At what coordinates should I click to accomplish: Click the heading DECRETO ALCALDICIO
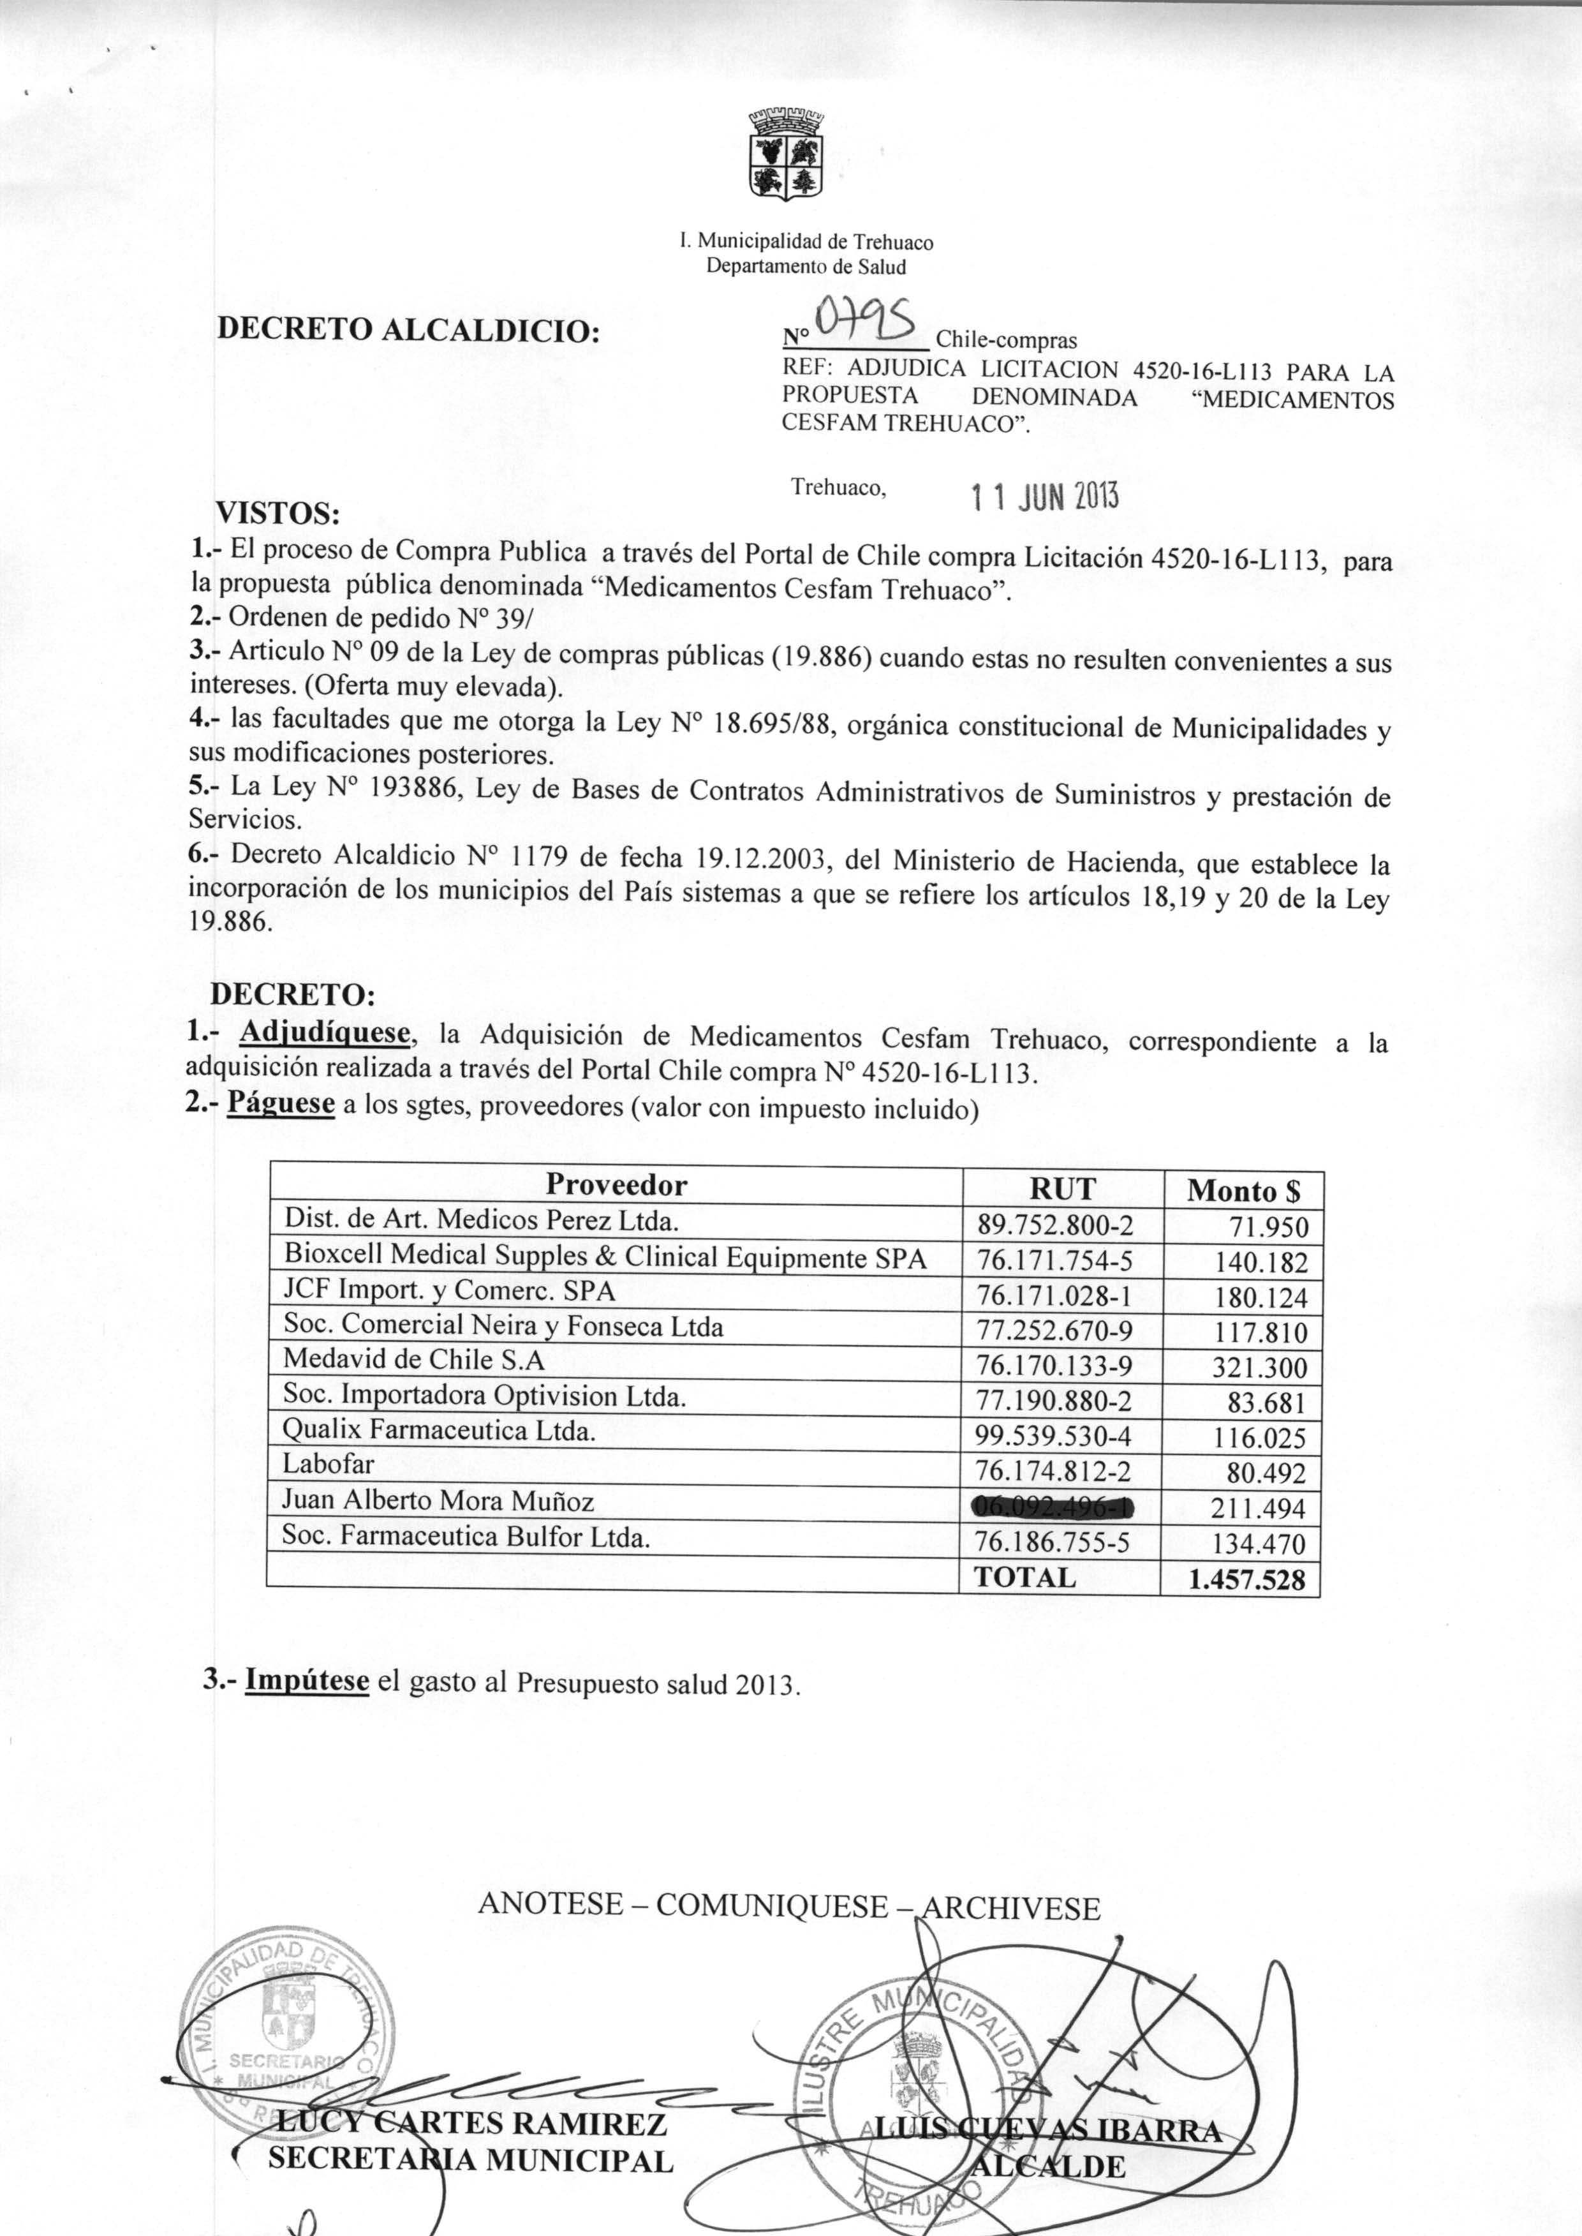click(407, 331)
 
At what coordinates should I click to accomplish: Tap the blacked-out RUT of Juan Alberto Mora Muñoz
click(1054, 1507)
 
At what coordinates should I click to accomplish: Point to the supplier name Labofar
click(329, 1465)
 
